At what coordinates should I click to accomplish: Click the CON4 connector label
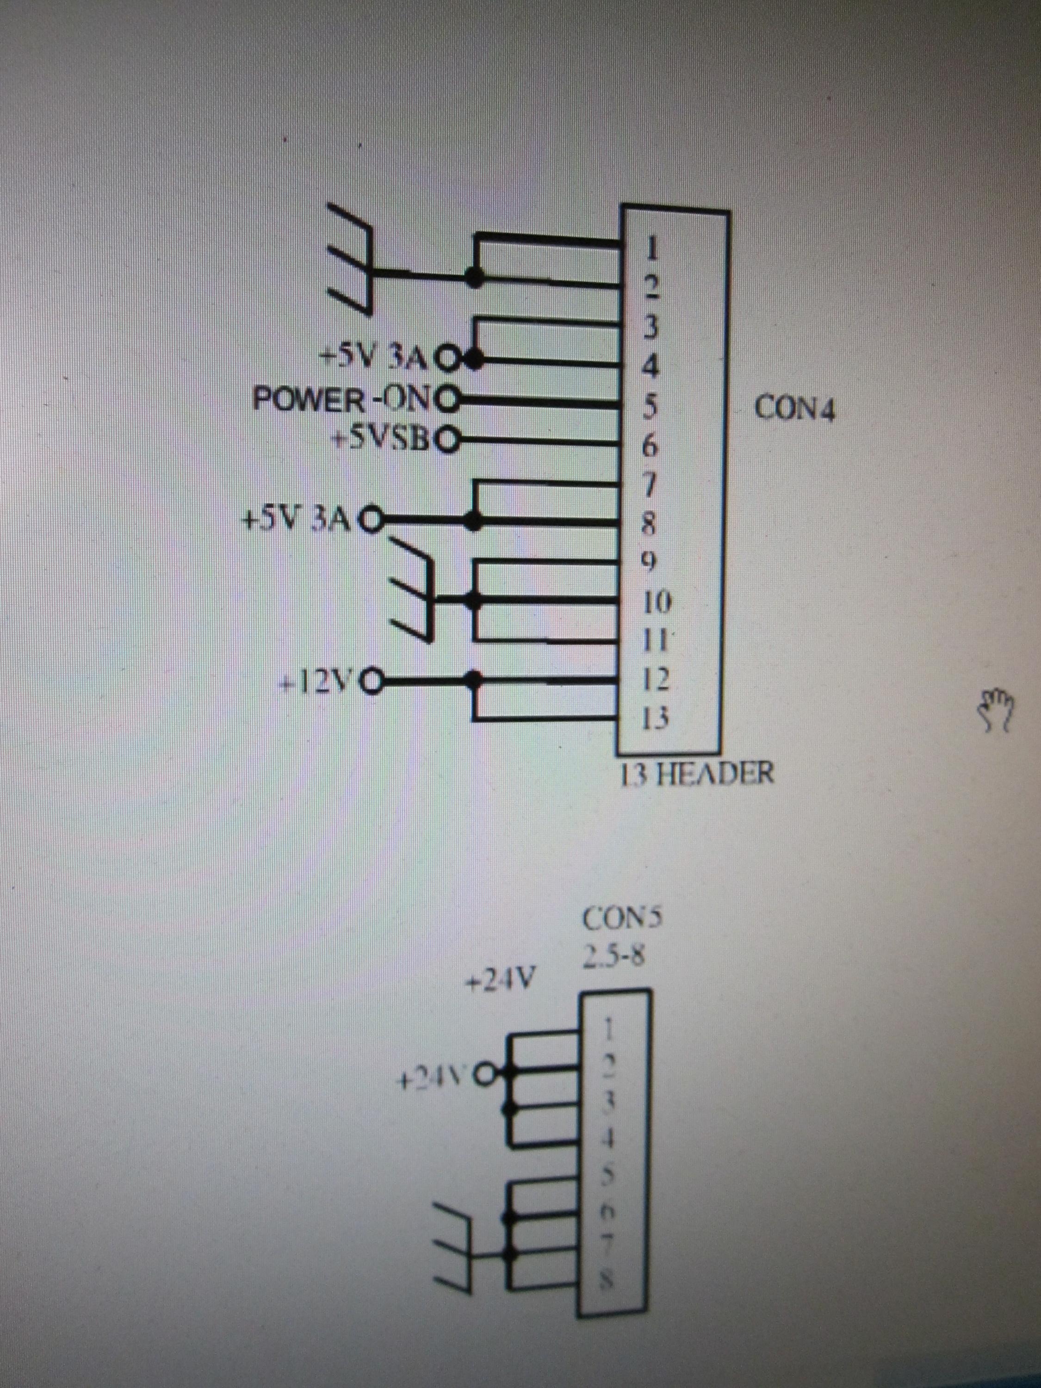pyautogui.click(x=795, y=409)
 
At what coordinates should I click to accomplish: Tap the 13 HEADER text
pyautogui.click(x=696, y=773)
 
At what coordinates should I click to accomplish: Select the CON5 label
pyautogui.click(x=622, y=920)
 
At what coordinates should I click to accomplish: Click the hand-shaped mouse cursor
pyautogui.click(x=997, y=710)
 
